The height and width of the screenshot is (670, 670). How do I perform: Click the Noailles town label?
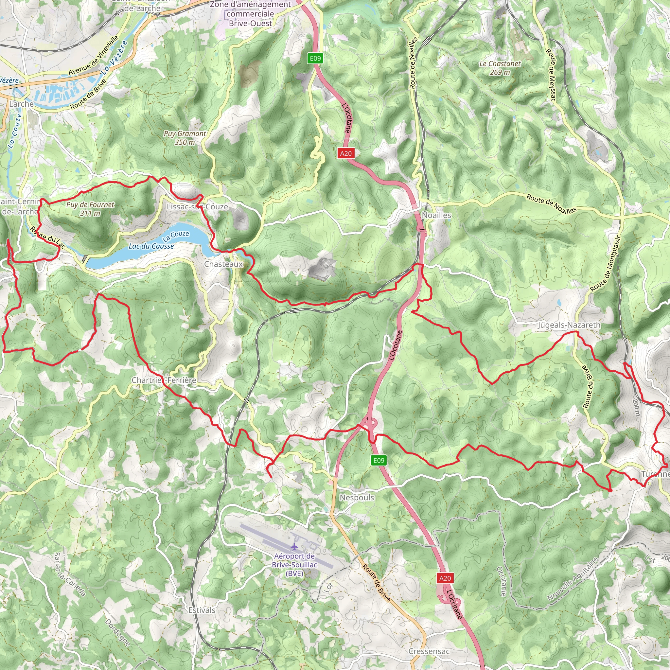click(436, 215)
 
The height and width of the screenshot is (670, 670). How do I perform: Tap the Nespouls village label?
click(357, 497)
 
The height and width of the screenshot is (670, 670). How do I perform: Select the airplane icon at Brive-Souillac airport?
click(294, 547)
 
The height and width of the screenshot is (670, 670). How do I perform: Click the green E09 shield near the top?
click(315, 58)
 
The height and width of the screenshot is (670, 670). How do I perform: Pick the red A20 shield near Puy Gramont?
click(345, 153)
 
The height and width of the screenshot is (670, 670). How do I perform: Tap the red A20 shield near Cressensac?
click(445, 578)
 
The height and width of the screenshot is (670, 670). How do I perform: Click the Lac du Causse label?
click(151, 246)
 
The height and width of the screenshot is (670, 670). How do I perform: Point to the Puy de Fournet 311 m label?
click(90, 209)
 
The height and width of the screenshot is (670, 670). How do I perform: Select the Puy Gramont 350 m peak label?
click(185, 138)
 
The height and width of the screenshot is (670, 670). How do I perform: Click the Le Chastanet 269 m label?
click(500, 68)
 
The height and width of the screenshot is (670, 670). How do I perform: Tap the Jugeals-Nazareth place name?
click(569, 325)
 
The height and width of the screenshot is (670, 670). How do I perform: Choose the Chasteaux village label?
click(223, 264)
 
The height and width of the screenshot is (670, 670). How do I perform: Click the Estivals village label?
click(202, 610)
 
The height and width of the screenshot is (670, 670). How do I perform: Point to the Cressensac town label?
click(429, 651)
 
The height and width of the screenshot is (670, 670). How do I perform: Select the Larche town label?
click(22, 104)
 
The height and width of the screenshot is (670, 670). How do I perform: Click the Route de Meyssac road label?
click(551, 75)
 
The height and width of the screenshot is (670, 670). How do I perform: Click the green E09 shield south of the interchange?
click(379, 460)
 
